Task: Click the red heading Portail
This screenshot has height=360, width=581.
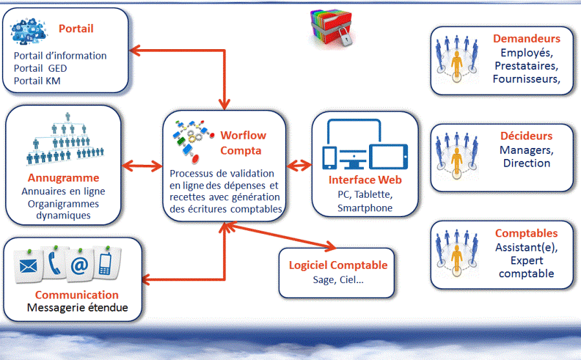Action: point(76,28)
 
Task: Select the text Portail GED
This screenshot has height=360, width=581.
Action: point(40,69)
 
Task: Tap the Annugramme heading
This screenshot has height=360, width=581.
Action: point(63,178)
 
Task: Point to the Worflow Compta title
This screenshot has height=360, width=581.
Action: point(242,143)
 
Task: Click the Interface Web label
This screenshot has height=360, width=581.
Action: point(365,180)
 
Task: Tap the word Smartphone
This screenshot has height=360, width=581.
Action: point(365,208)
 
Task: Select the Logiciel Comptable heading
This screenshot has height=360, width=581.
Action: point(338,265)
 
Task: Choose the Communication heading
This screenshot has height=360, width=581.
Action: point(77,295)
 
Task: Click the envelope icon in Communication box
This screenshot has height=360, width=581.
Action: point(28,266)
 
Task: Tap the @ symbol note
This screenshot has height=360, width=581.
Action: point(79,266)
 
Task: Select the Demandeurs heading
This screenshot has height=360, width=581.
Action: point(525,39)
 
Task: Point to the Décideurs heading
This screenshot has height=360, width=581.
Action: point(526,136)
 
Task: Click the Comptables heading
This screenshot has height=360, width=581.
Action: point(526,233)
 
